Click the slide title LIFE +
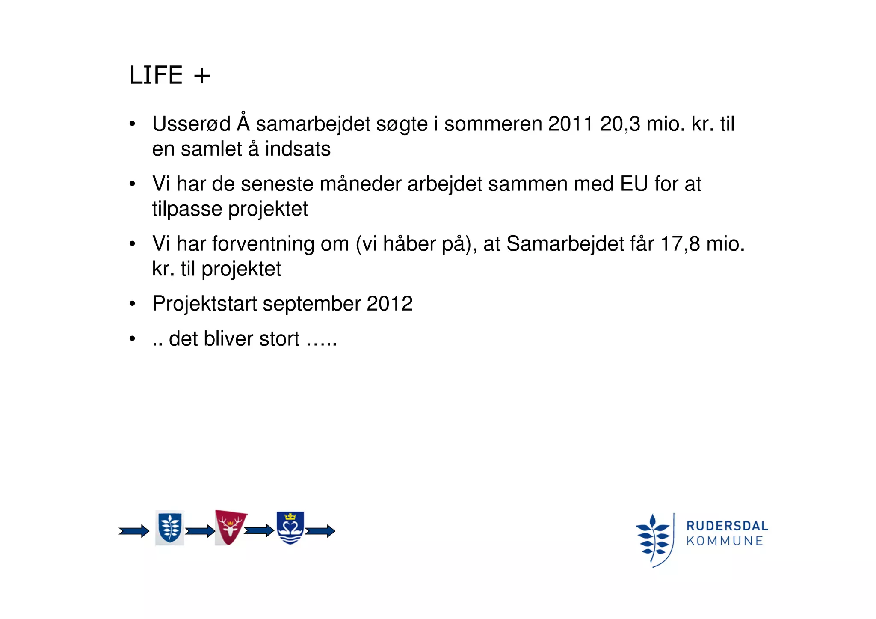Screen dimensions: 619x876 (x=169, y=75)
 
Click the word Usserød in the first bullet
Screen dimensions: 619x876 (x=191, y=124)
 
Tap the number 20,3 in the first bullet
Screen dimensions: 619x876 (x=620, y=124)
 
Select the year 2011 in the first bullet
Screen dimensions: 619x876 (x=571, y=124)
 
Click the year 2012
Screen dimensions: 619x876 (x=389, y=304)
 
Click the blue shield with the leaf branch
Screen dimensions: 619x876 (x=170, y=527)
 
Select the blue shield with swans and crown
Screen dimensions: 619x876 (x=290, y=527)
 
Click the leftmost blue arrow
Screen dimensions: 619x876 (x=134, y=531)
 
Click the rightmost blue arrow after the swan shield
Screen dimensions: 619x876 (x=320, y=531)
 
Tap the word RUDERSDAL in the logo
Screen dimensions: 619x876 (x=727, y=526)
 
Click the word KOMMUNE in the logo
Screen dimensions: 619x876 (x=725, y=541)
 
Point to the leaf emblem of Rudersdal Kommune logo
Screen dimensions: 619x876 (x=654, y=539)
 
